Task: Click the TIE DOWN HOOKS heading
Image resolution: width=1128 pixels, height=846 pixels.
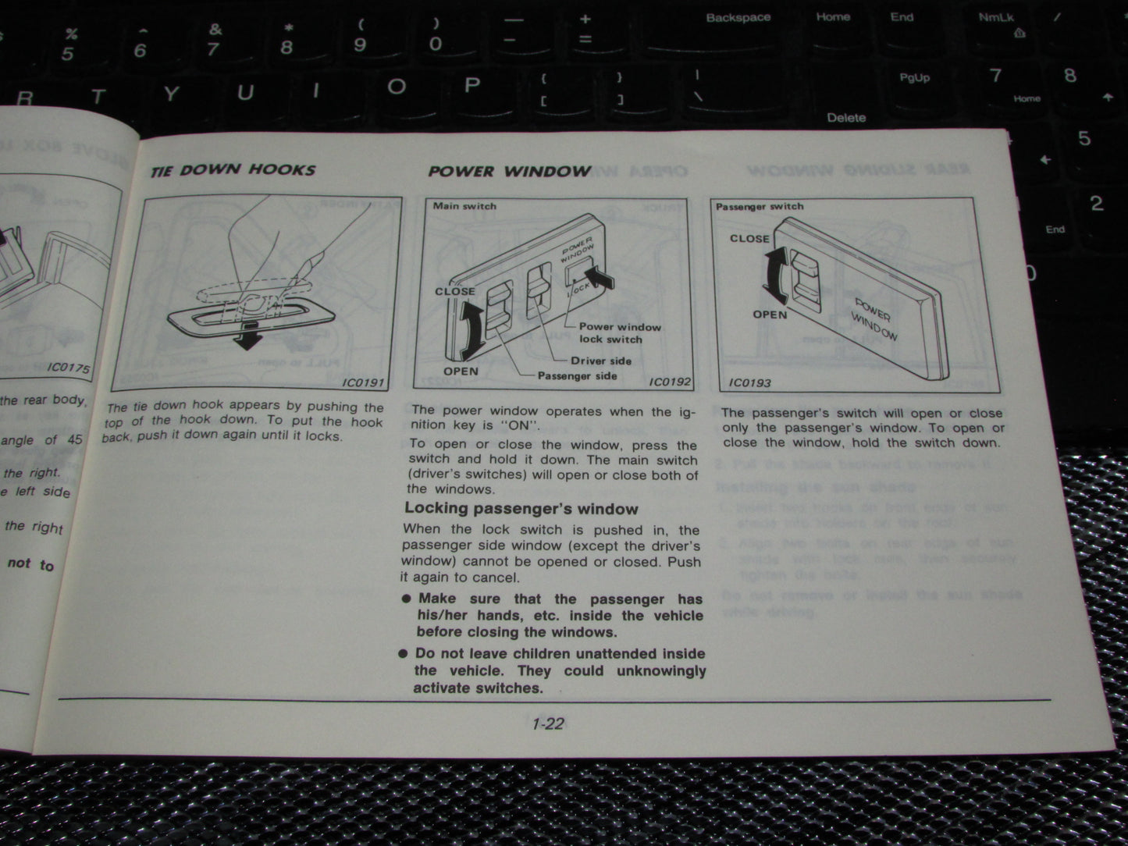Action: pos(233,170)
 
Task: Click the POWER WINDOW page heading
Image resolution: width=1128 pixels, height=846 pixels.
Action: pos(509,171)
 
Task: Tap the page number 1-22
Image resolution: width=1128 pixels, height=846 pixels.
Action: pos(547,723)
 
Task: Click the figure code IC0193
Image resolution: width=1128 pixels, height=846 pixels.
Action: pos(749,382)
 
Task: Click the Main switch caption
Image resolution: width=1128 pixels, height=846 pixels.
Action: pos(464,206)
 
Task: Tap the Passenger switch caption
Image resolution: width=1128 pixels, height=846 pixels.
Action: pos(760,207)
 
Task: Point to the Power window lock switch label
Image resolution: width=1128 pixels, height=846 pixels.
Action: pos(619,333)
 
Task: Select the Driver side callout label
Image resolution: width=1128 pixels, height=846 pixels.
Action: pos(600,361)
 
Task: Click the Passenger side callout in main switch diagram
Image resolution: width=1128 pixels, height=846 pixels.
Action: pos(577,376)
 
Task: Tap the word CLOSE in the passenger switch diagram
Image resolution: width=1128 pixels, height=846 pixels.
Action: pos(749,239)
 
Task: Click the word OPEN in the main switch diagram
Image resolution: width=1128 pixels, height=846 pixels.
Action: pos(461,371)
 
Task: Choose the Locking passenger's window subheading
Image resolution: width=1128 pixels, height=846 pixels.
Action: pos(521,509)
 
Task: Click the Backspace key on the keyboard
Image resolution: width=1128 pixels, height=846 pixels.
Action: pos(738,18)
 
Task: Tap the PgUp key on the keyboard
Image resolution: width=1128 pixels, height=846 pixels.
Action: pos(914,78)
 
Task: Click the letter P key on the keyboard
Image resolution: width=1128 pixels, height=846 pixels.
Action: pos(471,85)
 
